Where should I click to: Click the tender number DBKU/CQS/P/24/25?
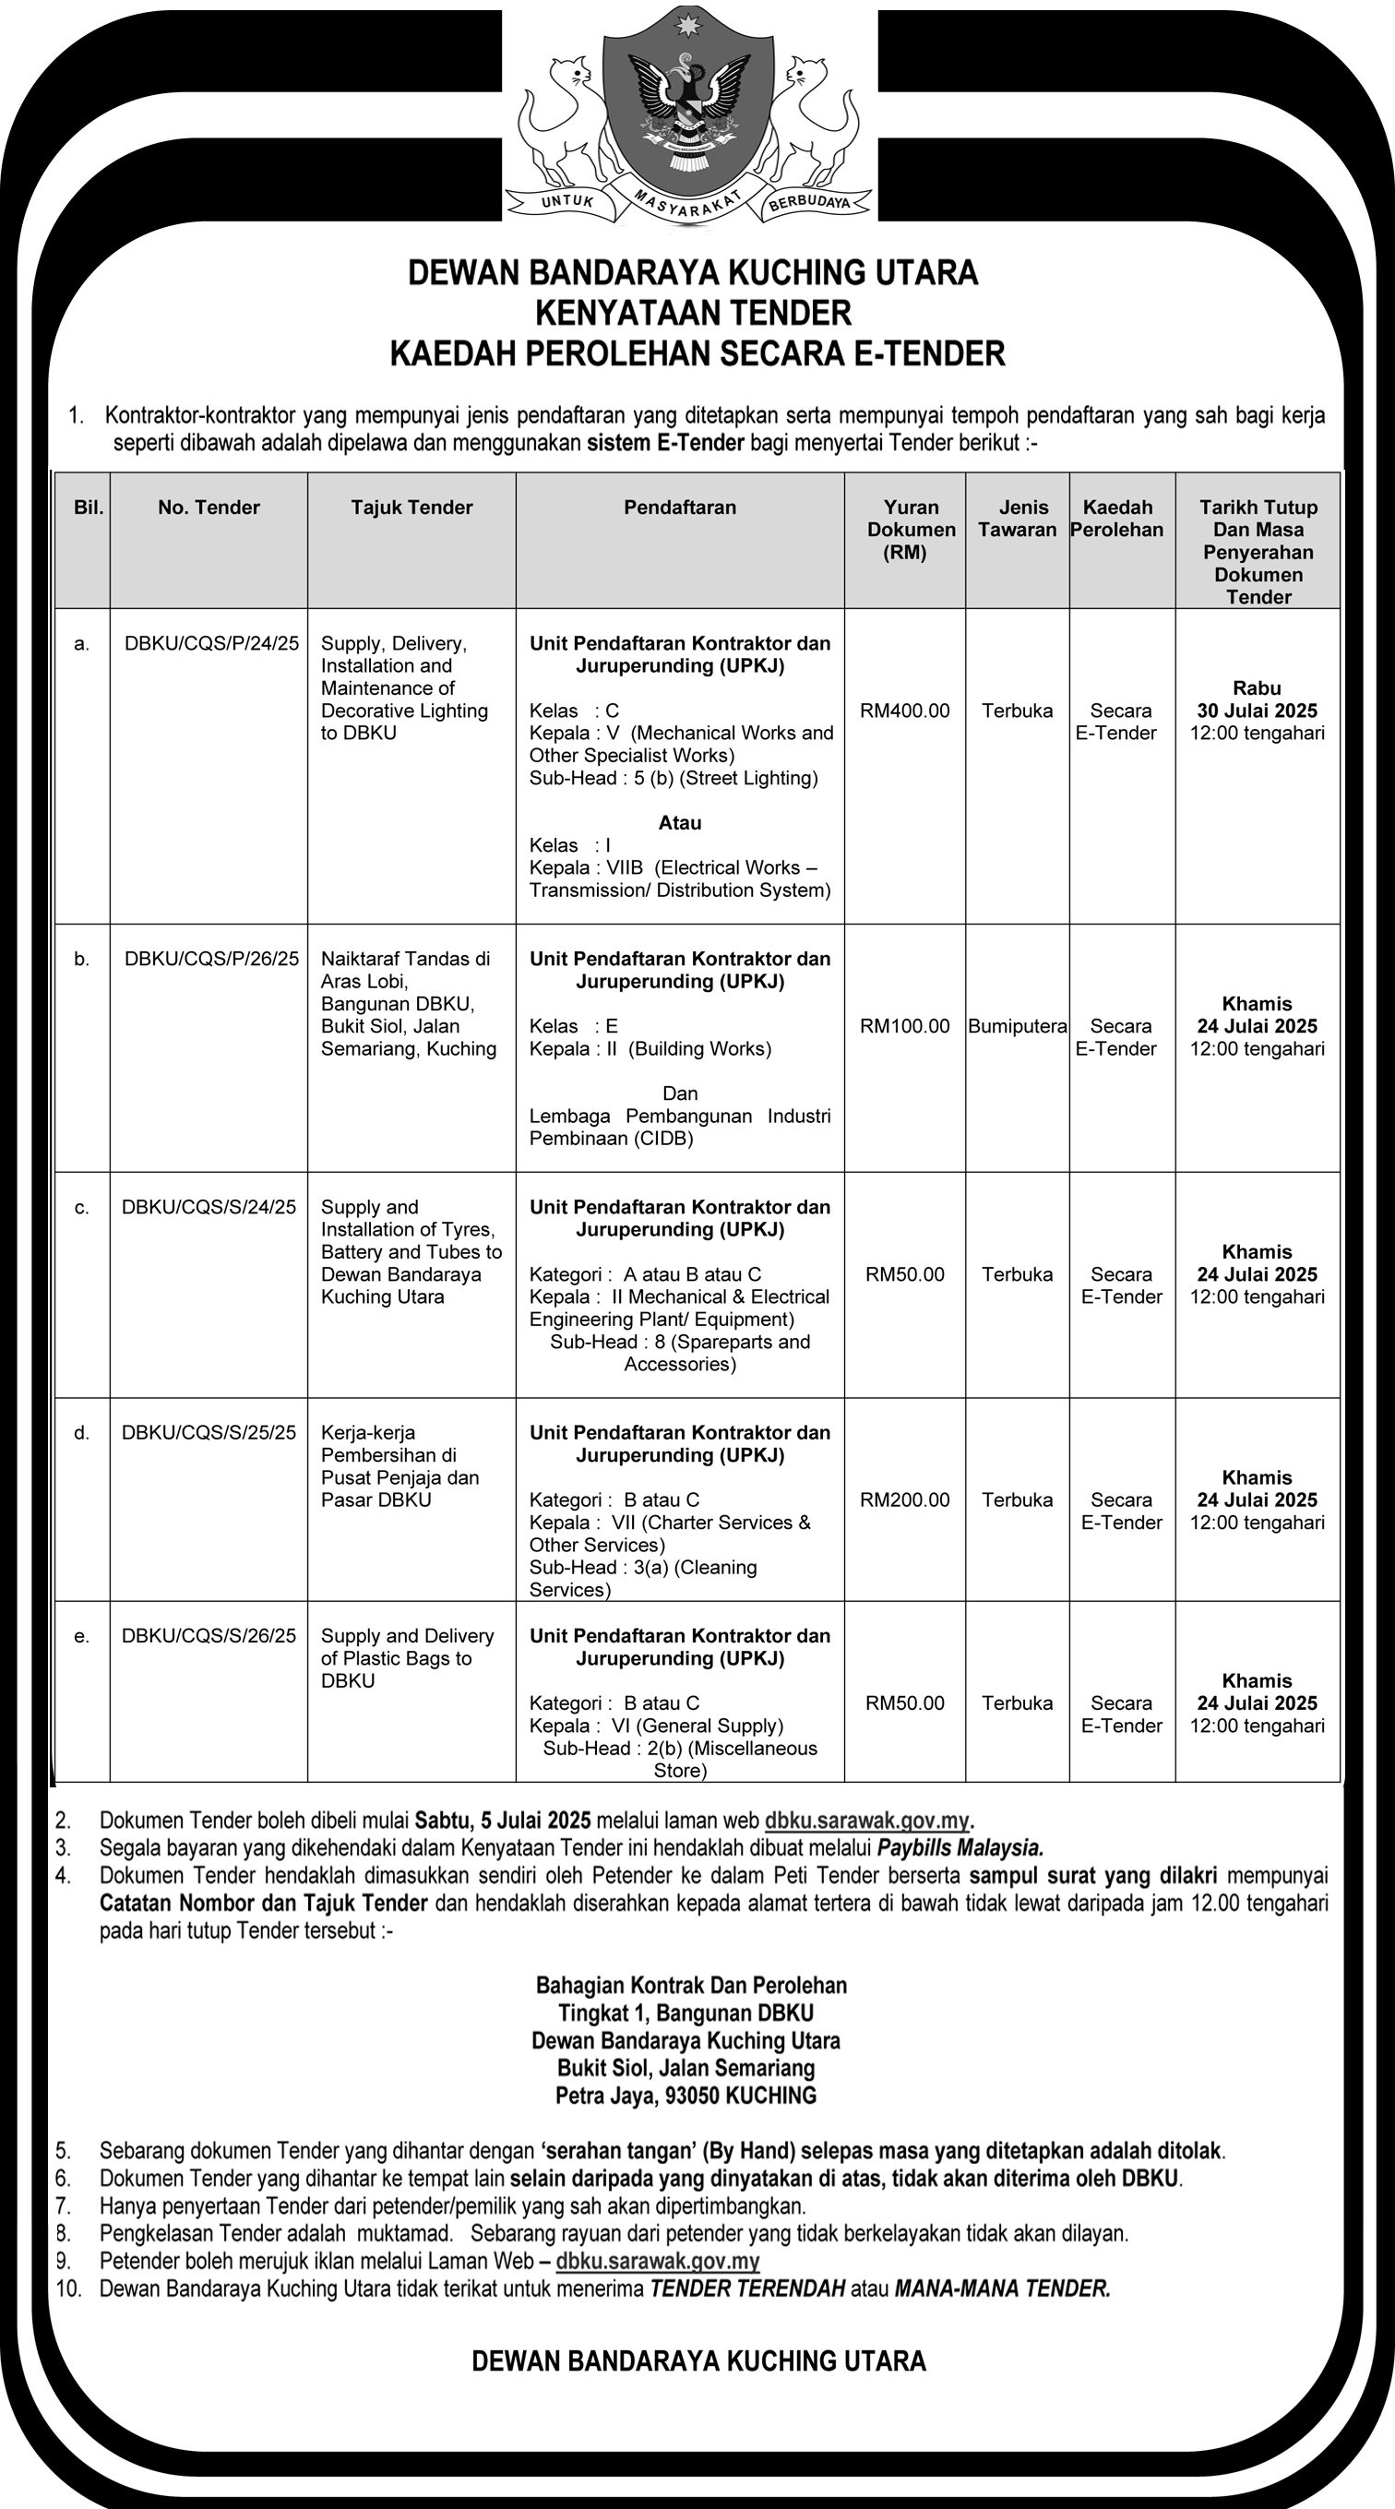[x=211, y=643]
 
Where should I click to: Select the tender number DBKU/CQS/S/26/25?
[x=209, y=1635]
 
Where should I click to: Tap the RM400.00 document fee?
[x=904, y=710]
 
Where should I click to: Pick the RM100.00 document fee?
[x=904, y=1025]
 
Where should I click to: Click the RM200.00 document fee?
[x=904, y=1499]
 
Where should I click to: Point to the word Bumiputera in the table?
[x=1017, y=1025]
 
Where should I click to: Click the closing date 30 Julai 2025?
[x=1257, y=710]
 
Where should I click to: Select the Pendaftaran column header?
[x=680, y=508]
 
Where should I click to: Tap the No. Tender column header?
[x=209, y=508]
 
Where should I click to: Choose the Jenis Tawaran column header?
[x=1017, y=519]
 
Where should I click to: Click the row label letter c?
[x=82, y=1208]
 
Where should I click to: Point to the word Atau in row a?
[x=680, y=823]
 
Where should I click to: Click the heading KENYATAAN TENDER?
[x=694, y=313]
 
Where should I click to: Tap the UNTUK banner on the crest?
[x=567, y=201]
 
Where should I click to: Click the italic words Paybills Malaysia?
[x=960, y=1847]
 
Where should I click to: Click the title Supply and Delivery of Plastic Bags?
[x=406, y=1657]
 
